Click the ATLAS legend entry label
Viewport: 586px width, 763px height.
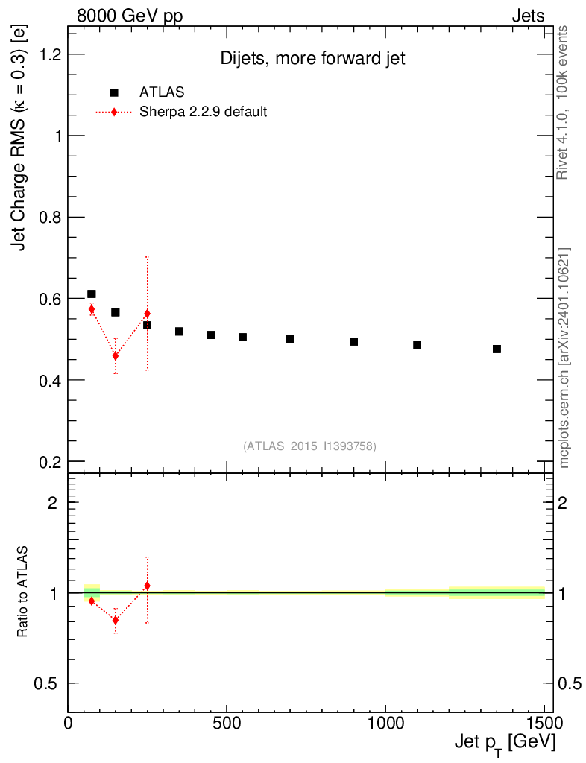[162, 92]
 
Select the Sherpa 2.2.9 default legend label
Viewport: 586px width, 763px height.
[203, 112]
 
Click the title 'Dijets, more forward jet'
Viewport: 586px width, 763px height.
[312, 59]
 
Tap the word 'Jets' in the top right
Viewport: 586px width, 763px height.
[528, 16]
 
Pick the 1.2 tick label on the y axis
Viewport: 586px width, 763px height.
[46, 54]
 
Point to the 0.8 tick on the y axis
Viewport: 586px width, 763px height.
[46, 217]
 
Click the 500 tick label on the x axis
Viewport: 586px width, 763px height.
[227, 722]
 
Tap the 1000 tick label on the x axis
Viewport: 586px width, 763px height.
[385, 722]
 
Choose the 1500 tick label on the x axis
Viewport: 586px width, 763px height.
[544, 722]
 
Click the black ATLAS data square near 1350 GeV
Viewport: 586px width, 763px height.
[497, 349]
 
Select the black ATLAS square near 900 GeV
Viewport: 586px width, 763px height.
[354, 341]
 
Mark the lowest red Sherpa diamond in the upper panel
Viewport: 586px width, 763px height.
[116, 356]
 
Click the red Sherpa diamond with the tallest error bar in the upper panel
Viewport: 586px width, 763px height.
[147, 314]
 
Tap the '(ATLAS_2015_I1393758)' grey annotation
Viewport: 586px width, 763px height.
[309, 446]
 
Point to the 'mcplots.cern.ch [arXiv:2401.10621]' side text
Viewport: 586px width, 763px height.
[564, 358]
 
